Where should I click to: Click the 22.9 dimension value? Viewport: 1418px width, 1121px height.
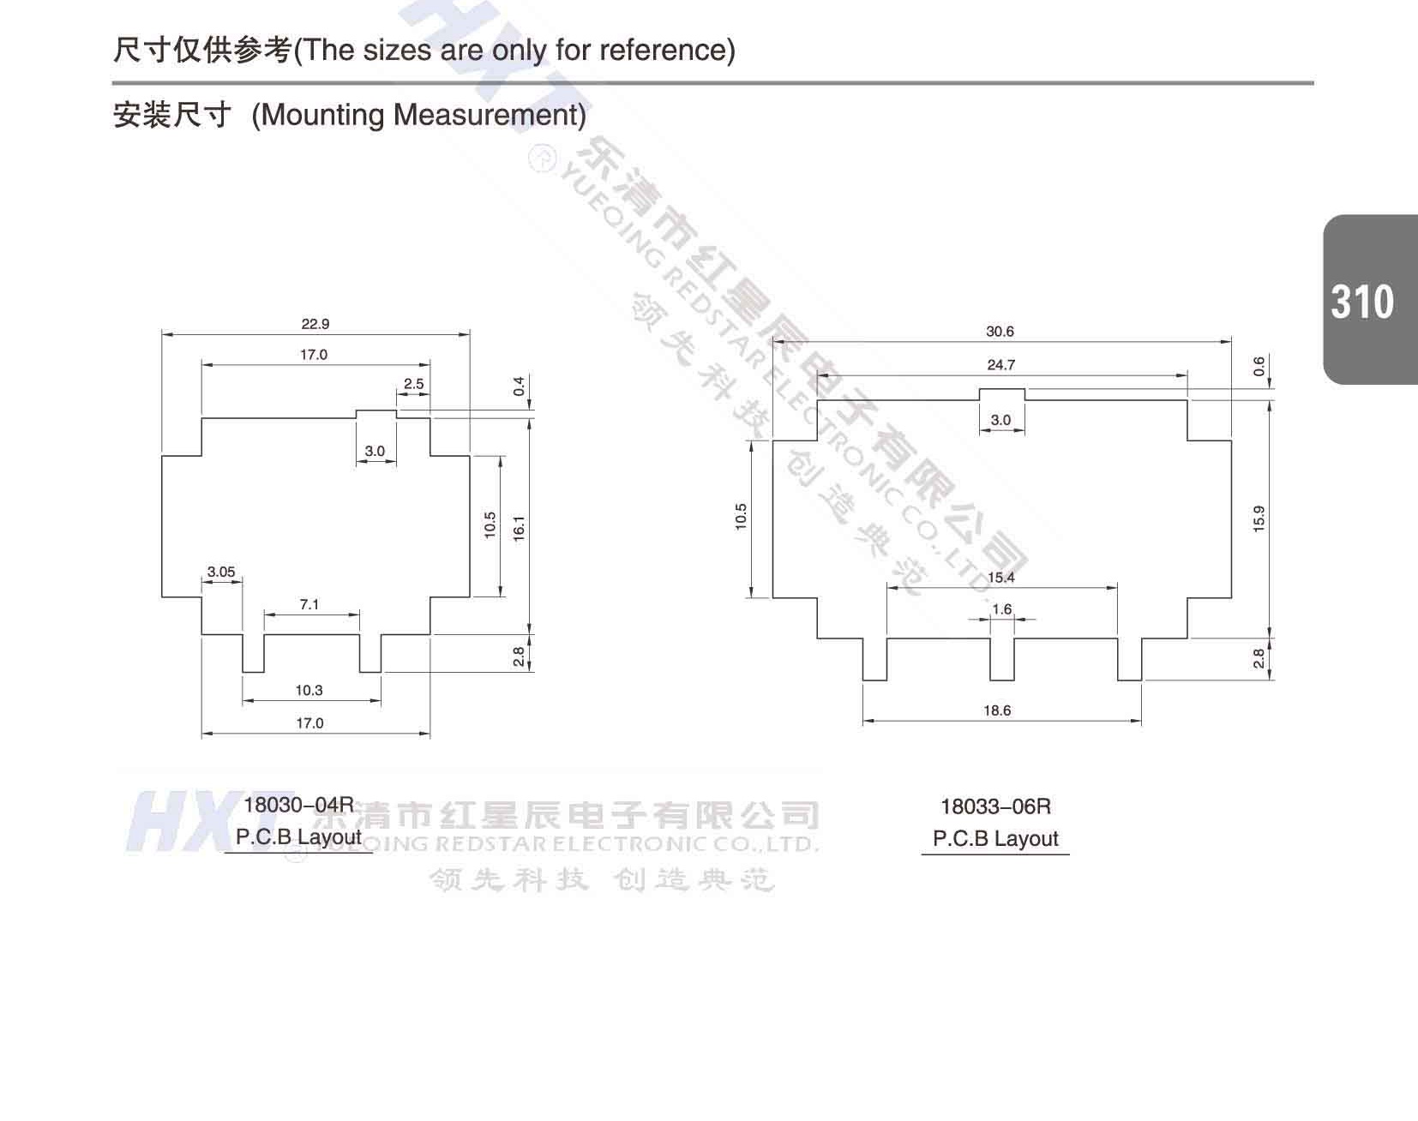pos(315,324)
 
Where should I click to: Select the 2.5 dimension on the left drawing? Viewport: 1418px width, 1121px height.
pos(413,384)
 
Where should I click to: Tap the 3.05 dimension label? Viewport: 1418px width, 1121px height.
pos(220,572)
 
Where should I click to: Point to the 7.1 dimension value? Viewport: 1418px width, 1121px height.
pos(309,604)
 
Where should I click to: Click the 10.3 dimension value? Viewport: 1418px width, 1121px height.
pos(309,690)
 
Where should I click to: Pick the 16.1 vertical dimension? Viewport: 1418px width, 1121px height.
pos(518,527)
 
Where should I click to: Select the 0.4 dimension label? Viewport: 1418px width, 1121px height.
pos(519,386)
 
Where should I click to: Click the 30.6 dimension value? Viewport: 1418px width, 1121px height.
pos(1000,332)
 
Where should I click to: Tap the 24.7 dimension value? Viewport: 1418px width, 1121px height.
pos(1000,365)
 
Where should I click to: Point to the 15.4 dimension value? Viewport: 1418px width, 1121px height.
pos(1000,577)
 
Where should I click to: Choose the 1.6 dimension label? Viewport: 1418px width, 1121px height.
pos(1001,609)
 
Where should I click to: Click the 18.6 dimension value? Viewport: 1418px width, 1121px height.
pos(997,710)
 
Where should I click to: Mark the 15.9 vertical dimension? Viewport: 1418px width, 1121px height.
pos(1259,519)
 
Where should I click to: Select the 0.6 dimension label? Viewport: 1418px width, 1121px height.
pos(1259,367)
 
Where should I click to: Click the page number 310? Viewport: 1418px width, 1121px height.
pos(1362,302)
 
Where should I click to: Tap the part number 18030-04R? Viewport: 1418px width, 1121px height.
pos(298,805)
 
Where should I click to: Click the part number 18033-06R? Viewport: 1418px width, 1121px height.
pos(995,806)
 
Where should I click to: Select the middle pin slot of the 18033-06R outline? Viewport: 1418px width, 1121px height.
pos(1002,659)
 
